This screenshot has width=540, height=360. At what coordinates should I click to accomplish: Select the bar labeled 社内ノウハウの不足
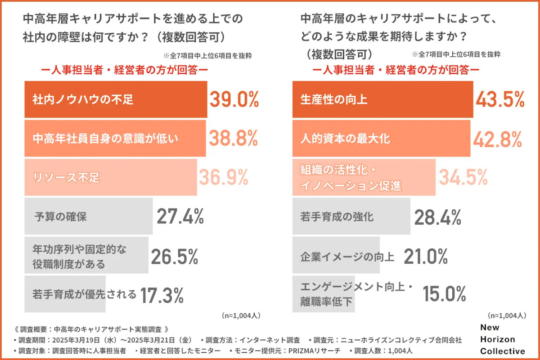coord(116,99)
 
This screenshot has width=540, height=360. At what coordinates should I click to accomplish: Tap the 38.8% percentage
coord(233,138)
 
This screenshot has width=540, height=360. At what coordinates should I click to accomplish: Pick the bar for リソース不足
coord(110,177)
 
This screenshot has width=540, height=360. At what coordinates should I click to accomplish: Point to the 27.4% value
coord(180,216)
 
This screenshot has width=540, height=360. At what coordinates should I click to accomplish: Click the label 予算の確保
coord(61,216)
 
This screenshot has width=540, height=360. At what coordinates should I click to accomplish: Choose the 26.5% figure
coord(175,256)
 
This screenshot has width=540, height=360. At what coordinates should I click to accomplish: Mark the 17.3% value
coord(162,295)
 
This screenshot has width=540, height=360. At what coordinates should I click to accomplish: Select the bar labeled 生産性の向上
coord(382,99)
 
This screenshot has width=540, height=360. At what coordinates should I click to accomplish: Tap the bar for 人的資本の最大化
coord(381,139)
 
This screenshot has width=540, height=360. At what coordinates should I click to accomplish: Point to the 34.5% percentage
coord(463,177)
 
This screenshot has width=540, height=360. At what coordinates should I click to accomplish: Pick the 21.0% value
coord(426,256)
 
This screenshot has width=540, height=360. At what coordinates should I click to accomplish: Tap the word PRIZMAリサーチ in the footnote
coord(315,351)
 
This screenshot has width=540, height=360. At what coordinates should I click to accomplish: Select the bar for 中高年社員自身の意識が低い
coord(115,139)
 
